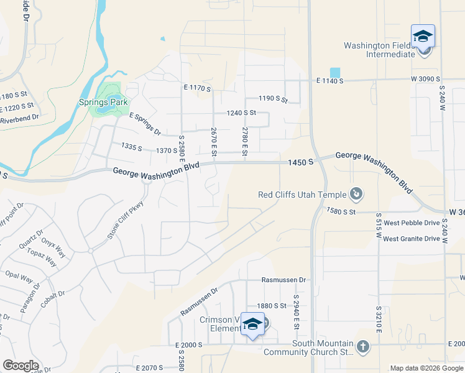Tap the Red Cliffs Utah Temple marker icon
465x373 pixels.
(356, 195)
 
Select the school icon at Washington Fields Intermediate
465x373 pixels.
(423, 36)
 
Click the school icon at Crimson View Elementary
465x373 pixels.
(253, 324)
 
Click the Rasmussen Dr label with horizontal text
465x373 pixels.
(284, 280)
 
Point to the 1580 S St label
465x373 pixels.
(341, 211)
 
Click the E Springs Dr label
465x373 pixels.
(145, 124)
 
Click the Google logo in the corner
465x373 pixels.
(21, 366)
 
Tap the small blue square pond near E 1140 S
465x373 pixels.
(335, 72)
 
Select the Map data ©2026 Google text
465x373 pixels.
(426, 368)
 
